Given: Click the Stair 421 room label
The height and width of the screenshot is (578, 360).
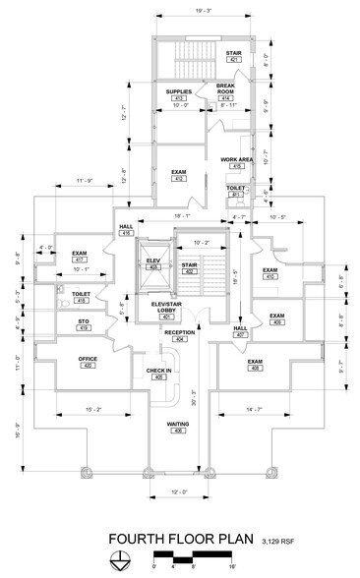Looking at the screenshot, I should [234, 57].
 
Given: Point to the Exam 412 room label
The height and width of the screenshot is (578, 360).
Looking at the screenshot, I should [179, 175].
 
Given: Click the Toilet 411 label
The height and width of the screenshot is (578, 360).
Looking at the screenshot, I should [236, 191].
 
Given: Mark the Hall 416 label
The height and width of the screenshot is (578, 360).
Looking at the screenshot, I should [126, 232].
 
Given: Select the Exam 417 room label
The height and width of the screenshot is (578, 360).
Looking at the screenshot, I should [80, 256].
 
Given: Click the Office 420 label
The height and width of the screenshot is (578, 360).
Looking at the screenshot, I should [88, 362].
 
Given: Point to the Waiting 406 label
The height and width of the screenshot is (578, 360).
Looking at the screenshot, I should [178, 428].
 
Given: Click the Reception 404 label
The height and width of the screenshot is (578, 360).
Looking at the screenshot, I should [180, 335].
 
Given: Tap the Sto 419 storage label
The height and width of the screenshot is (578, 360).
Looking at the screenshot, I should [82, 323].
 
